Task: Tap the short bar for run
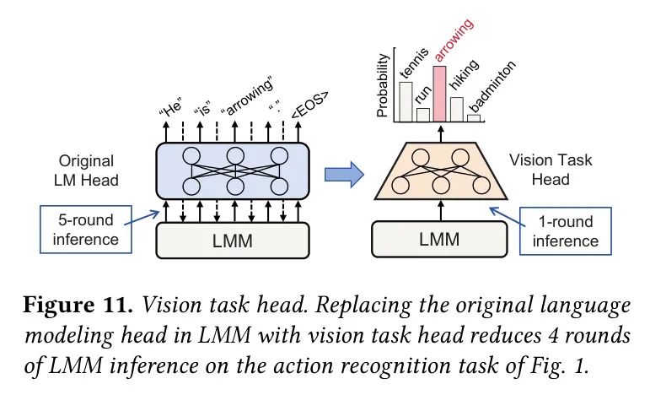point(422,114)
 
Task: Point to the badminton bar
point(474,118)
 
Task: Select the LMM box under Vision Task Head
point(439,240)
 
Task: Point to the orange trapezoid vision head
point(439,171)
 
